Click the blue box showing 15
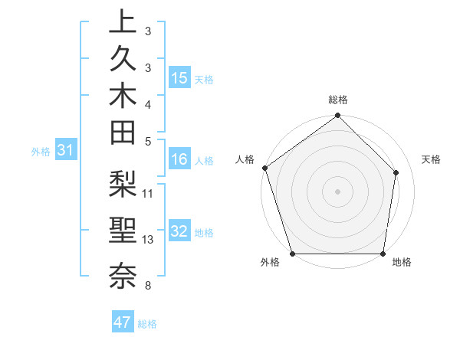coord(179,78)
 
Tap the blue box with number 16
coord(179,160)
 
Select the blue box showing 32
coord(179,232)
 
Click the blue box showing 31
coord(66,151)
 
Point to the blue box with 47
coord(123,322)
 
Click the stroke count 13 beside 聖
coord(148,240)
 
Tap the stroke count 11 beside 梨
coord(148,193)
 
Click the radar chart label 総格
coord(338,100)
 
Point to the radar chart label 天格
coord(432,159)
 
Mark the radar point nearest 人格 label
coord(265,168)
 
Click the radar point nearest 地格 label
coord(383,254)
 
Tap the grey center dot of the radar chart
coord(338,191)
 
